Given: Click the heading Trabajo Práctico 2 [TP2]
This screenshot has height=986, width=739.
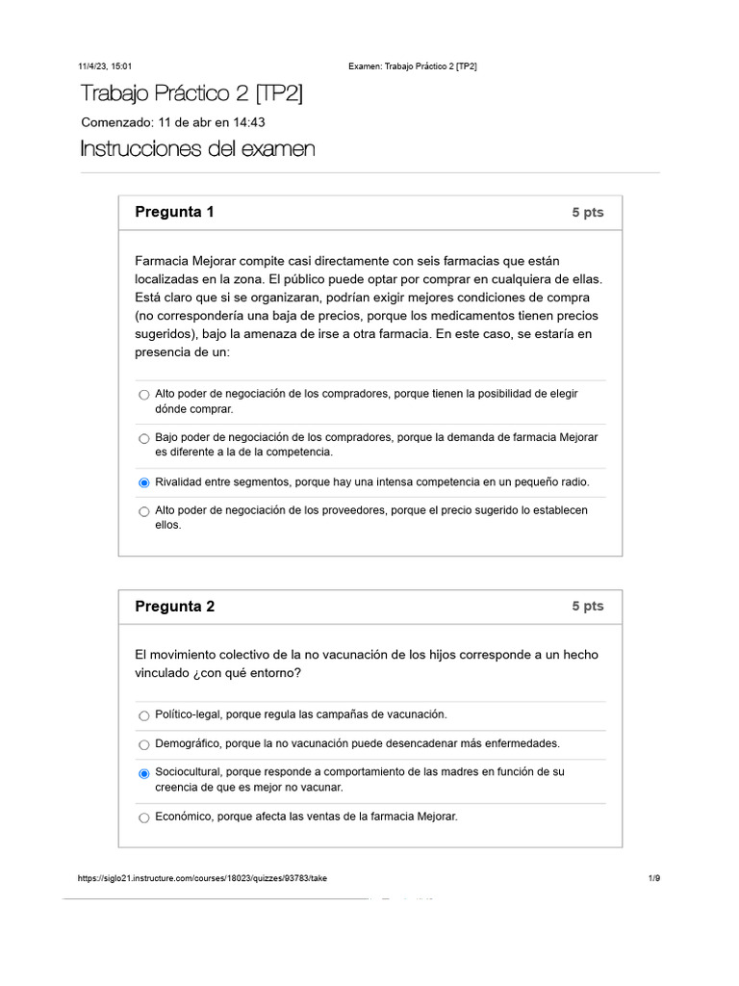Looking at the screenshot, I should click(191, 93).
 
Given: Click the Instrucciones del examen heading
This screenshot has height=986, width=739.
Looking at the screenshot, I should click(197, 149).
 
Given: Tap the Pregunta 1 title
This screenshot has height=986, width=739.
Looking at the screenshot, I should click(174, 212).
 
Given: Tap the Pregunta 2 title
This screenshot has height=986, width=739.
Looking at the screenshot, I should click(174, 607).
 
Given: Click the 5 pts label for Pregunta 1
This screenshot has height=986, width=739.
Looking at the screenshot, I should click(587, 213).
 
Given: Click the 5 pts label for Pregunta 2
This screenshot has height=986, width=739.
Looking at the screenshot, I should click(587, 607).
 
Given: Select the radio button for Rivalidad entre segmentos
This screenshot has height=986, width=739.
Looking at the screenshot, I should click(144, 482).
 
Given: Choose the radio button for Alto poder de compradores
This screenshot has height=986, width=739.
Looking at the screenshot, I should click(144, 395).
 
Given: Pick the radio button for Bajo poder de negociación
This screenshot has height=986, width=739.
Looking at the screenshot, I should click(144, 438).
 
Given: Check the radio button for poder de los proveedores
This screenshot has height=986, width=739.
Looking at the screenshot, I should click(144, 511).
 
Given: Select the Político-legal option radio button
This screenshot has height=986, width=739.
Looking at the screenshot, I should click(144, 715).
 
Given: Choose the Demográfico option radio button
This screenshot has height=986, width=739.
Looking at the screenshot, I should click(144, 744).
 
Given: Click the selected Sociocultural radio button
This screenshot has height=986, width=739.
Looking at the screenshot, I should click(144, 773).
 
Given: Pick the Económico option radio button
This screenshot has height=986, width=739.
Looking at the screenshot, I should click(144, 817).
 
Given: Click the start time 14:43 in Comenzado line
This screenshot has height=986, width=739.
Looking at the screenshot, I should click(248, 122).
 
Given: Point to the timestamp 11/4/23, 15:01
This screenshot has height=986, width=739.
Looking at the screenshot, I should click(106, 66).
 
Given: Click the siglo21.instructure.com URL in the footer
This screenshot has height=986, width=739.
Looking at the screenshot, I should click(202, 878).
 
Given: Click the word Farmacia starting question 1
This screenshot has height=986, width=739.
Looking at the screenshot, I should click(162, 261).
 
